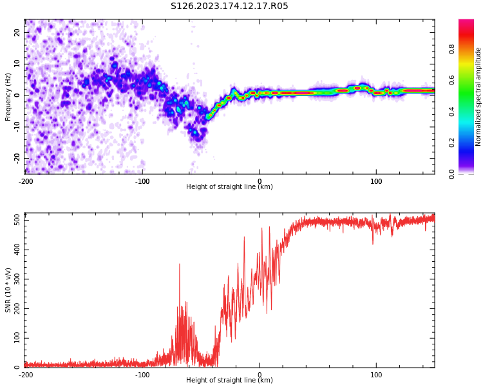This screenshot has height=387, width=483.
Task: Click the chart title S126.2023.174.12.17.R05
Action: tap(229, 6)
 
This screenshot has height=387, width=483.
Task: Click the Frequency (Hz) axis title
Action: tap(8, 97)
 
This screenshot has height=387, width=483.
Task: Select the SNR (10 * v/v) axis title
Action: tap(8, 290)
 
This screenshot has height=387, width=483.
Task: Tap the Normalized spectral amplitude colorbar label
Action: tap(478, 97)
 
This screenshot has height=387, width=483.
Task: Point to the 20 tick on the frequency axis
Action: tap(17, 32)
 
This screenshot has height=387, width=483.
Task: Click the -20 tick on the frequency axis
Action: tap(17, 158)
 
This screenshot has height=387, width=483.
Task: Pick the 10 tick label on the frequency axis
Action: tap(17, 64)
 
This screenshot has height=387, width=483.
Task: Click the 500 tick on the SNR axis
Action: tap(17, 221)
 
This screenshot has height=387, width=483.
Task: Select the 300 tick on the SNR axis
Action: tap(17, 279)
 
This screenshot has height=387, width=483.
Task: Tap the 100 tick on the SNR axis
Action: tap(17, 338)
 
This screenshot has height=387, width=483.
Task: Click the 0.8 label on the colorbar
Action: tap(451, 49)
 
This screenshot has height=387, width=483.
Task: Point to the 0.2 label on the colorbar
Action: tap(451, 143)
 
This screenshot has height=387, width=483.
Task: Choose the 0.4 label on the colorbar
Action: tap(451, 112)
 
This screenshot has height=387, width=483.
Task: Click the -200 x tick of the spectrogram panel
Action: tap(26, 181)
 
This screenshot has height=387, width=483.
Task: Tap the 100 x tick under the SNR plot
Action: tap(376, 375)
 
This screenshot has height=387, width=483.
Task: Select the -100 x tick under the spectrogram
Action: tap(142, 181)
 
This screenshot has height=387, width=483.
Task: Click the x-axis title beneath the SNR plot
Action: tap(229, 380)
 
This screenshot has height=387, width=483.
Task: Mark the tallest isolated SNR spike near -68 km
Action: tap(180, 264)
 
